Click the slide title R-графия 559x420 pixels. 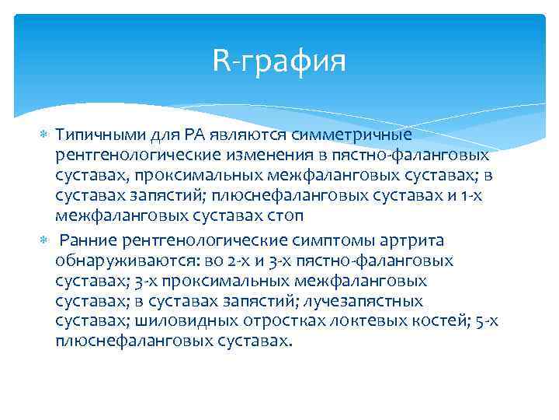pyautogui.click(x=279, y=61)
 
